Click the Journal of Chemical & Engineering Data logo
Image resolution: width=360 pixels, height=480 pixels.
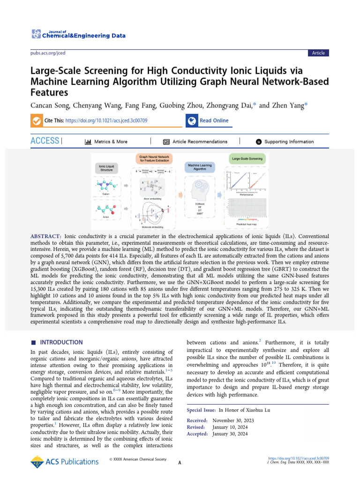click(x=71, y=34)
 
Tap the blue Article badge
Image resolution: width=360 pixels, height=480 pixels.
click(x=318, y=53)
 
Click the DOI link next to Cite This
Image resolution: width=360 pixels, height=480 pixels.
click(x=106, y=120)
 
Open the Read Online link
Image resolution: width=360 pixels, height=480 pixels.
click(x=214, y=120)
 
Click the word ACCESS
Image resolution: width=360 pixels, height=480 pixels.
click(x=45, y=141)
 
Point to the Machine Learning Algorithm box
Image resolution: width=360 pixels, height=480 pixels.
click(x=200, y=167)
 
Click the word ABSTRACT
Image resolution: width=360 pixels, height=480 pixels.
click(x=46, y=237)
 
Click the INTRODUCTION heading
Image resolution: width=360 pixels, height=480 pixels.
click(x=61, y=343)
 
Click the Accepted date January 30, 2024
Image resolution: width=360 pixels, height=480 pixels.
click(x=230, y=434)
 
